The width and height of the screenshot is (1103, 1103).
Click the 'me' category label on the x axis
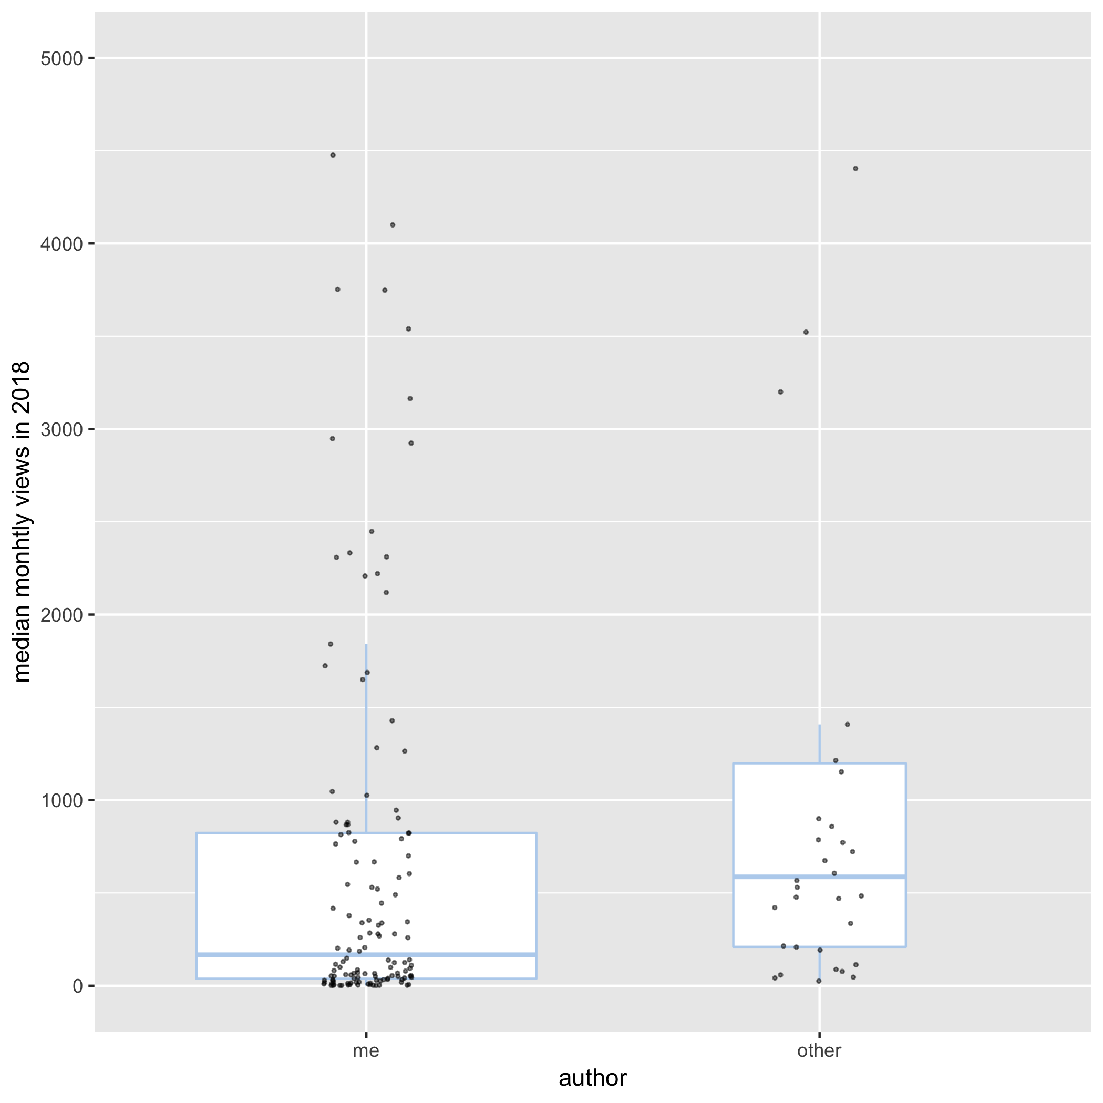pos(366,1050)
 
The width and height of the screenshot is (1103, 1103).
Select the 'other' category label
pos(819,1050)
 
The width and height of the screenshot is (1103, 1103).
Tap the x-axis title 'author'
pos(593,1078)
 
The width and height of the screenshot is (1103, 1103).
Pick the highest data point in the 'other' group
pos(855,168)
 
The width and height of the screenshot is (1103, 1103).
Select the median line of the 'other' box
pos(819,877)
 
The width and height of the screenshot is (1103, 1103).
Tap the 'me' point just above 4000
pos(393,225)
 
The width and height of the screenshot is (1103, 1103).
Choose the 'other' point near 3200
pos(780,391)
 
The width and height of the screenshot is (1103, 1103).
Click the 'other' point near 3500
pos(806,332)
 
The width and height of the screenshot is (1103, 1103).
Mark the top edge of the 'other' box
pos(819,764)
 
